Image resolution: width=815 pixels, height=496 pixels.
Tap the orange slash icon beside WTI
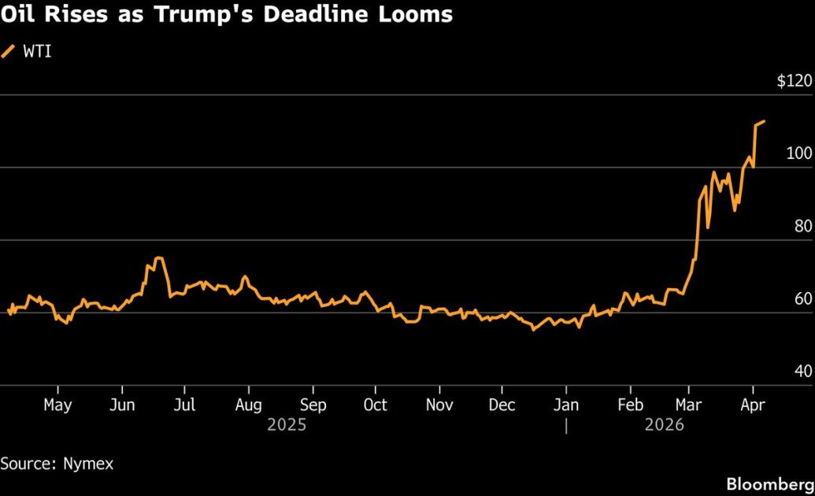coord(9,52)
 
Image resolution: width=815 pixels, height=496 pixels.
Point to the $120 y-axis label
coord(793,81)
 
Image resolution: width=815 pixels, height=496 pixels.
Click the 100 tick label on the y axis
coord(798,154)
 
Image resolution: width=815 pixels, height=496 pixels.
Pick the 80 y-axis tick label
coord(801,226)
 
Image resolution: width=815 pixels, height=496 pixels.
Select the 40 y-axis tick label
coord(801,371)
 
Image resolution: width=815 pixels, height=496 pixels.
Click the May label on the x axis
coord(57,405)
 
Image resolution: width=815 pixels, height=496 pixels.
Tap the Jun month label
coord(122,405)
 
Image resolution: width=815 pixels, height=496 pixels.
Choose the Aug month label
coord(248,405)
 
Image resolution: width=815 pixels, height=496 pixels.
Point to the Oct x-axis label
coord(376,405)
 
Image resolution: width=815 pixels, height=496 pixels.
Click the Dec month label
coord(502,405)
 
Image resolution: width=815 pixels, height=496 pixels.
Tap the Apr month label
coord(753,405)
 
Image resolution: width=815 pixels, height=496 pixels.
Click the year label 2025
coord(286,425)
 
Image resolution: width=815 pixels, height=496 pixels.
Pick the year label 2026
coord(663,425)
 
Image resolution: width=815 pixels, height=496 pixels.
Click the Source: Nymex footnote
coord(57,464)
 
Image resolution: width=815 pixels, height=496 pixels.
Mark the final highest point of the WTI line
coord(765,121)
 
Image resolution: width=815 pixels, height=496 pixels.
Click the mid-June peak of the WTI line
coord(159,257)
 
